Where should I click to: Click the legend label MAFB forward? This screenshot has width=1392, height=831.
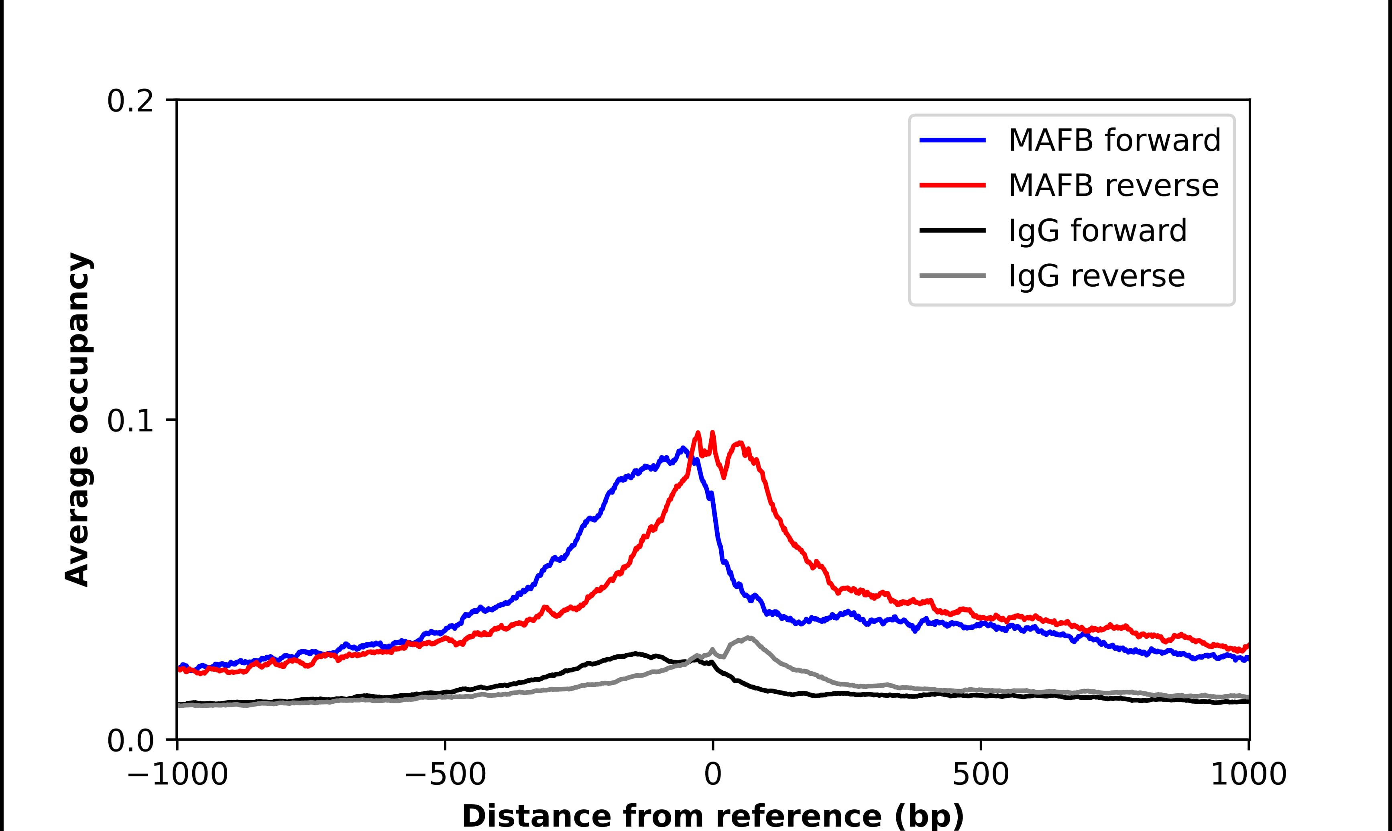tap(1114, 140)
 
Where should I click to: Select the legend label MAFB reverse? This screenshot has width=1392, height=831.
tap(1113, 185)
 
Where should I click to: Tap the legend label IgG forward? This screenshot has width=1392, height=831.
tap(1097, 231)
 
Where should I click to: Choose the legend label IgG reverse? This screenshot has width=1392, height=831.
tap(1096, 276)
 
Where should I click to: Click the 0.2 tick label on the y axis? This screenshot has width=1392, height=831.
tap(130, 101)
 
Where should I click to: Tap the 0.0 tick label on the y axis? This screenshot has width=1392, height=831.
tap(130, 741)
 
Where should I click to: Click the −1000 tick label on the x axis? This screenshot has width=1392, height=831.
tap(177, 776)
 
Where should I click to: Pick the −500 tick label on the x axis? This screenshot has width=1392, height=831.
tap(445, 776)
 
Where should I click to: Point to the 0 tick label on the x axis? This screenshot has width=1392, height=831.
tap(712, 776)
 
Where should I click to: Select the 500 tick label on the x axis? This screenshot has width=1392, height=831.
tap(981, 776)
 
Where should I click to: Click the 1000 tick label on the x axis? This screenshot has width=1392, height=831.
tap(1248, 776)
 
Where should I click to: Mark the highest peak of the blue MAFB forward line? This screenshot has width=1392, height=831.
tap(683, 448)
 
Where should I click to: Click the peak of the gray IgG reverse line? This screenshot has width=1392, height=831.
tap(748, 638)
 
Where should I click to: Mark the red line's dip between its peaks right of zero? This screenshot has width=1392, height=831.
tap(724, 477)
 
